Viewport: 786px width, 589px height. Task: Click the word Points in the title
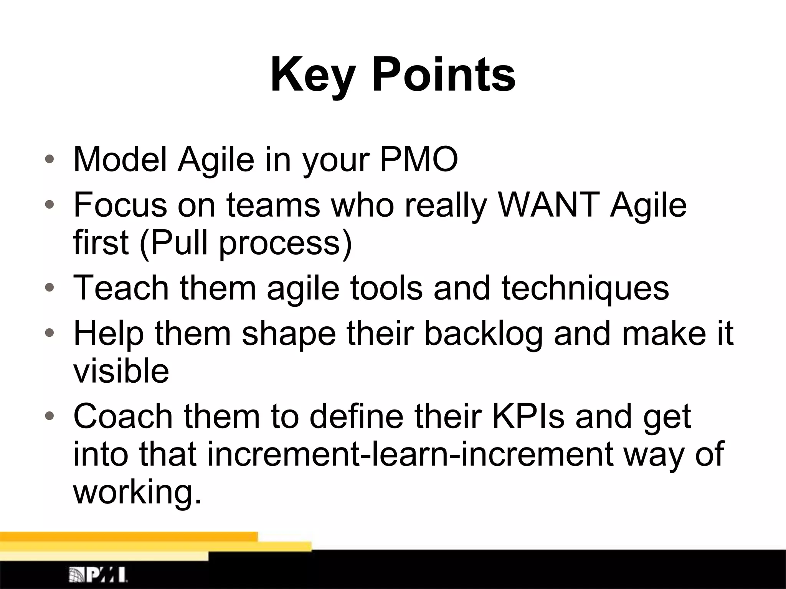point(444,75)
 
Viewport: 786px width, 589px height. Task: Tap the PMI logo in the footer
point(98,574)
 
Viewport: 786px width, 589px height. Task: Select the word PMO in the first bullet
point(419,159)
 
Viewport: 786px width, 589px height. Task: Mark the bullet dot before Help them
point(49,332)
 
